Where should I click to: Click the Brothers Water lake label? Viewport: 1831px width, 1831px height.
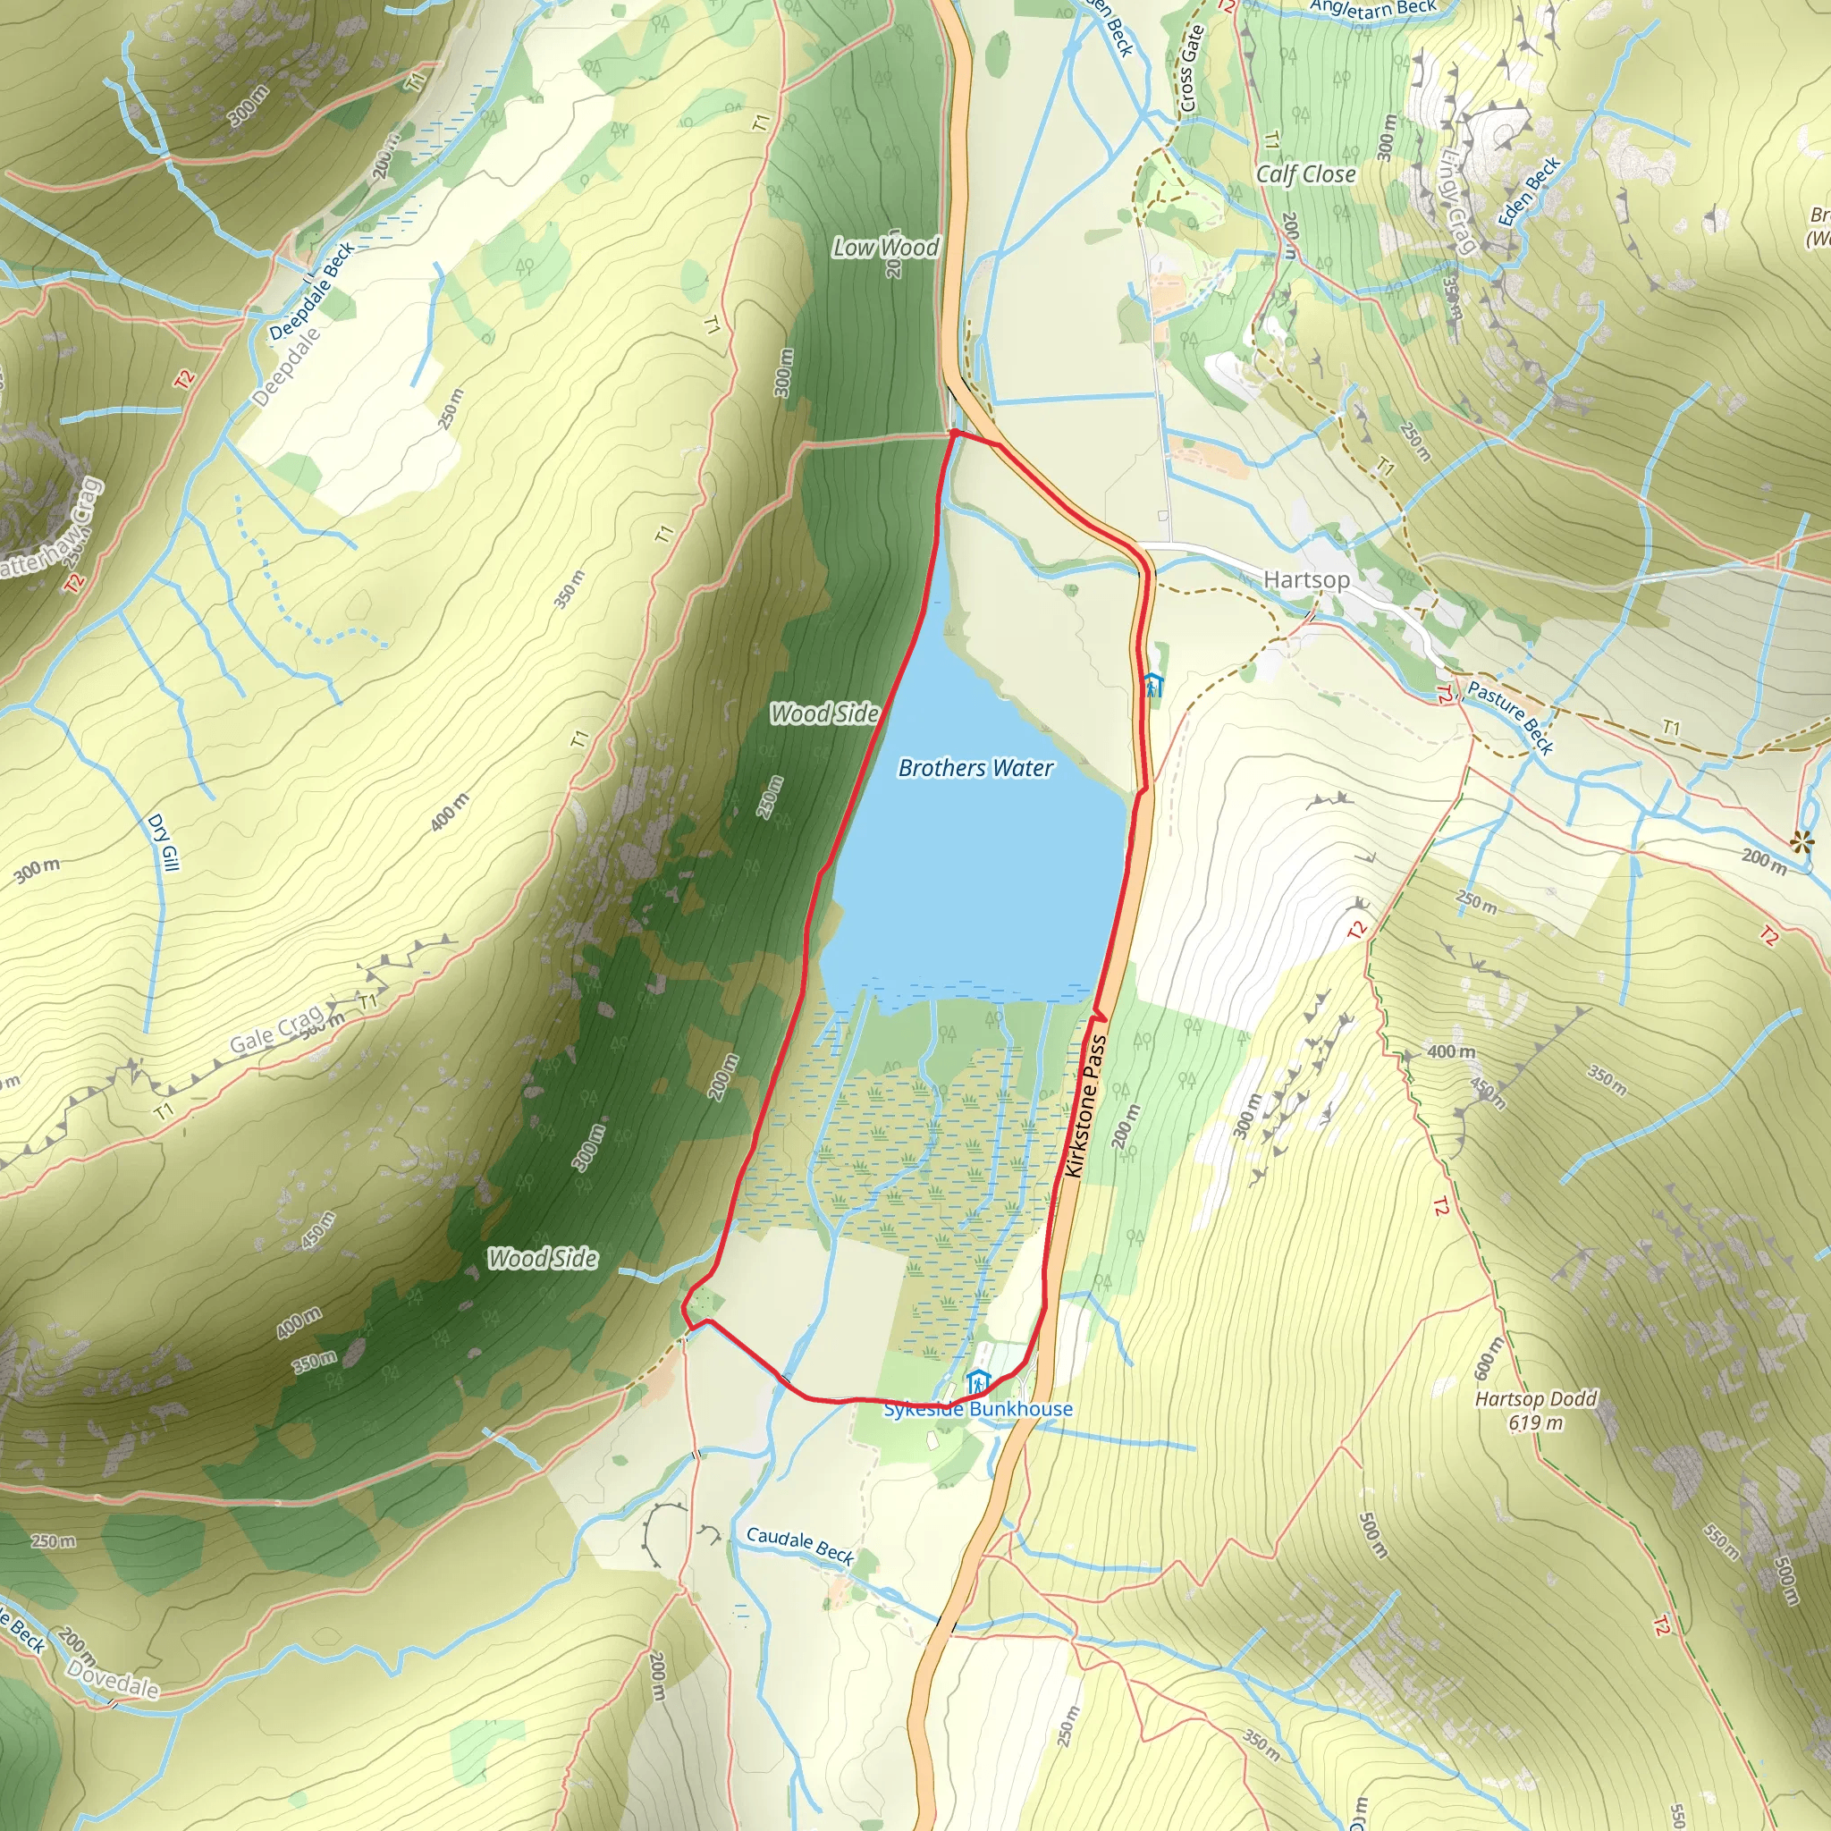click(x=975, y=768)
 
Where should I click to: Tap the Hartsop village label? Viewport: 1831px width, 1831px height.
click(x=1306, y=579)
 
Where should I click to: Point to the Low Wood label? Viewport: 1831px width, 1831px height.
click(x=885, y=248)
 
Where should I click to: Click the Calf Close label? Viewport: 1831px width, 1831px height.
click(x=1305, y=174)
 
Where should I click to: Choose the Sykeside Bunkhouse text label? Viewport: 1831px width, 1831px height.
click(x=978, y=1409)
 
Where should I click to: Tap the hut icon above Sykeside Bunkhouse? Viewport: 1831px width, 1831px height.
click(x=978, y=1383)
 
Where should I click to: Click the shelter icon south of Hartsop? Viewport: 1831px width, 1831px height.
click(x=1152, y=684)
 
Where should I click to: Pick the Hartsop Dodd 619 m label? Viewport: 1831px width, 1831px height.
click(x=1535, y=1410)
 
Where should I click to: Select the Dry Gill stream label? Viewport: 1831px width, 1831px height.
click(x=163, y=842)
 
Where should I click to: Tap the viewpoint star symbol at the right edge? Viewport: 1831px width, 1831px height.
click(x=1801, y=840)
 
